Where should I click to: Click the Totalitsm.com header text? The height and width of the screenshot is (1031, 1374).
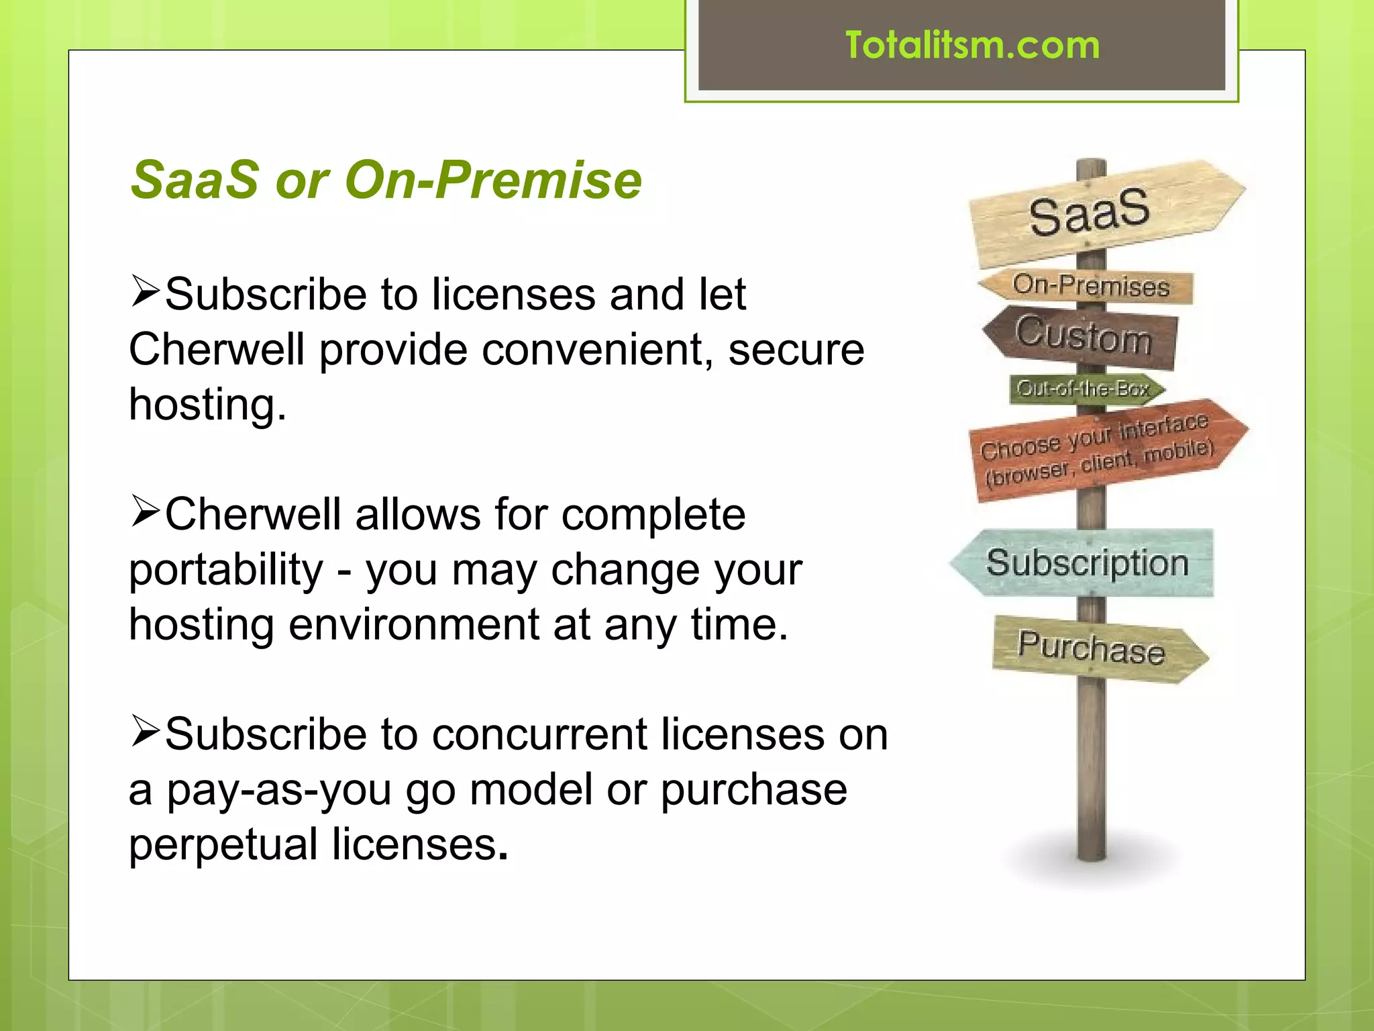coord(972,46)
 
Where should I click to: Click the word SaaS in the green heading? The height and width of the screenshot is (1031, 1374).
coord(195,180)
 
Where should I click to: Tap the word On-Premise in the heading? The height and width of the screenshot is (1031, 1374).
coord(493,180)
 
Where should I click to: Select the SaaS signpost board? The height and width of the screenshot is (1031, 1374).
coord(1100,211)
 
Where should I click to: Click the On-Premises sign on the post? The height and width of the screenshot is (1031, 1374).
coord(1090,287)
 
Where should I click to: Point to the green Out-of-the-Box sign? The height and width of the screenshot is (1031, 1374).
coord(1084,389)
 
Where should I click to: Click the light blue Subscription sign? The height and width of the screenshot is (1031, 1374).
coord(1087,562)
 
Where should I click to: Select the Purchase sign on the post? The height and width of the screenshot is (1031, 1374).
coord(1094,648)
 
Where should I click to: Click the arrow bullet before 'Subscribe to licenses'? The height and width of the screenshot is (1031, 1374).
coord(145,291)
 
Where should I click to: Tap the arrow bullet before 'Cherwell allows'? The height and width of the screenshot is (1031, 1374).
coord(145,511)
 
